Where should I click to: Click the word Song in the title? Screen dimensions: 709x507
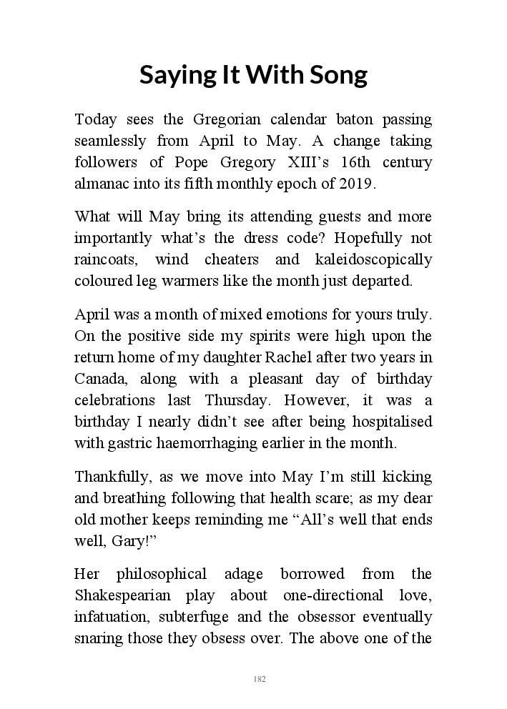click(x=334, y=74)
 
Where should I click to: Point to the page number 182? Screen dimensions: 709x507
click(x=260, y=678)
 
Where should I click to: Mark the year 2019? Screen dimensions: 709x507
click(x=357, y=183)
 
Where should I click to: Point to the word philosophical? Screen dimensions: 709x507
click(x=162, y=574)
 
